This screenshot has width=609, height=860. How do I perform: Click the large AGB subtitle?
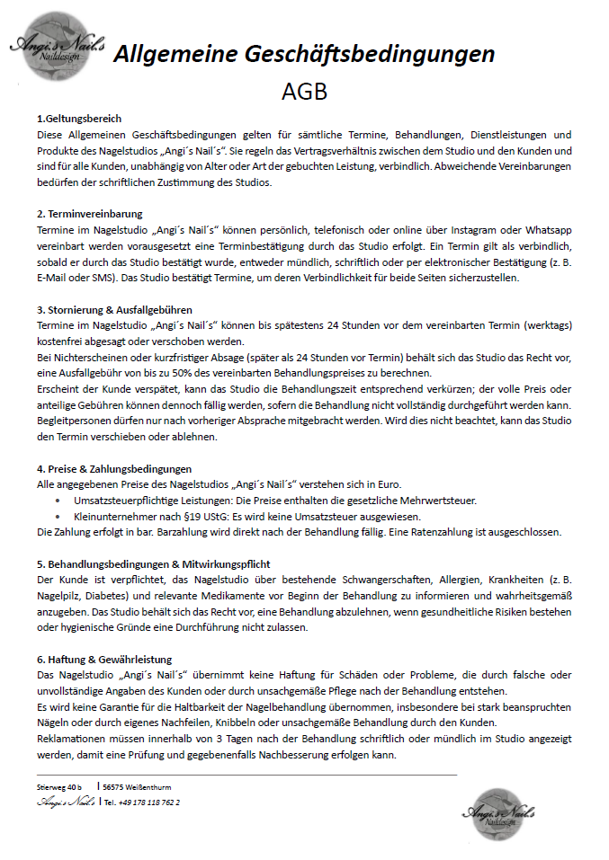[x=304, y=93]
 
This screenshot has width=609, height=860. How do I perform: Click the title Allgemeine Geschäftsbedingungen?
[x=304, y=54]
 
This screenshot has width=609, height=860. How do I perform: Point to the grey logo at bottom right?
[x=498, y=811]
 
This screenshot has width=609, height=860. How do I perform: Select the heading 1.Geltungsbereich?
[x=79, y=119]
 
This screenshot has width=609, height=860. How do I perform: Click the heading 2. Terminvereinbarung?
[x=90, y=214]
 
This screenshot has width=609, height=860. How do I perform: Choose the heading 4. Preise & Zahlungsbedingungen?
[x=114, y=468]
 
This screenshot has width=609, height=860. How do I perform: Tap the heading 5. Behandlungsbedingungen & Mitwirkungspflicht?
[x=154, y=563]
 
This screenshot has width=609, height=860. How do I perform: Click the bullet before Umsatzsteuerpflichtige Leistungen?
[x=59, y=501]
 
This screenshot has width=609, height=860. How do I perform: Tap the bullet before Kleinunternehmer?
[x=59, y=517]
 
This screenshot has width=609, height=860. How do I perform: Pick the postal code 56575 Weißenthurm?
[x=138, y=786]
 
